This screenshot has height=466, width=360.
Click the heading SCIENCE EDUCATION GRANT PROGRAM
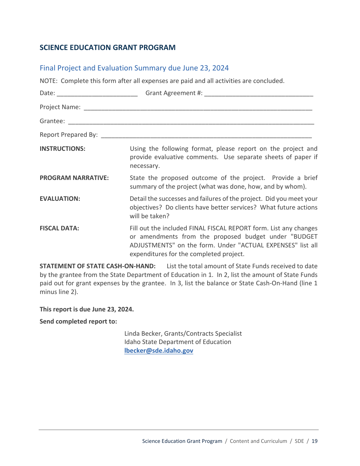[x=108, y=48]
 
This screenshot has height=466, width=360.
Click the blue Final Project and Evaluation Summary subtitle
[x=134, y=68]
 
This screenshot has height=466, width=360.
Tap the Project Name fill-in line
[x=198, y=108]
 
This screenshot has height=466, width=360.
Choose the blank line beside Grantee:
[x=191, y=122]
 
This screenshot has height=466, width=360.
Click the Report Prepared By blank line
[x=207, y=136]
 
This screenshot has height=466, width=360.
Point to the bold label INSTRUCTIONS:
[x=63, y=149]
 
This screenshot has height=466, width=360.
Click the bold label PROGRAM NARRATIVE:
[x=74, y=178]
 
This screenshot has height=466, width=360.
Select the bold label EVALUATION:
[x=60, y=199]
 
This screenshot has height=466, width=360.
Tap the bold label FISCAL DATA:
[x=59, y=228]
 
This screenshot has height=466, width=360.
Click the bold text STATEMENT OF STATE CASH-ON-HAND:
[x=97, y=266]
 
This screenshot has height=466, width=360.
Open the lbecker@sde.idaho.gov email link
[x=159, y=351]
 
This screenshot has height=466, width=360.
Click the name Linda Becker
[x=142, y=334]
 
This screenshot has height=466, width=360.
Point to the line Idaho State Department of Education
[x=178, y=342]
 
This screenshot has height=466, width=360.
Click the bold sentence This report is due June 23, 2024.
[x=87, y=310]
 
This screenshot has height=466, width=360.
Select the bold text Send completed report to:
[x=78, y=322]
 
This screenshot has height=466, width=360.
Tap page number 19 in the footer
[x=315, y=441]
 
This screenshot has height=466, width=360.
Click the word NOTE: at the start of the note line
[x=49, y=81]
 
